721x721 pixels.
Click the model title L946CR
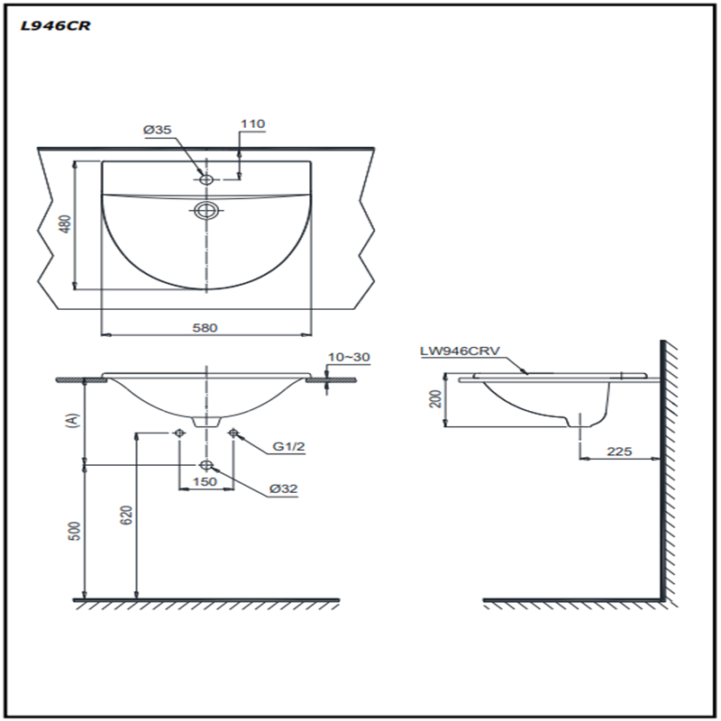click(56, 26)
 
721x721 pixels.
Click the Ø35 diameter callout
click(157, 130)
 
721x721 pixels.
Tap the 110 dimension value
click(252, 123)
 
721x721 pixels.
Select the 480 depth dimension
click(66, 224)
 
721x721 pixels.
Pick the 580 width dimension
click(205, 328)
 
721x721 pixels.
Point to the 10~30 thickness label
click(349, 357)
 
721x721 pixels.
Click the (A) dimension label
click(73, 420)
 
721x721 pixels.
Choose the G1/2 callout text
click(288, 446)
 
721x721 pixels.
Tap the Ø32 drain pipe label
click(283, 488)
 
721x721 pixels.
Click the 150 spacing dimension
click(205, 481)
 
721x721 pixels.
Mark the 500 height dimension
click(74, 531)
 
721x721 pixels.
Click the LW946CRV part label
click(460, 351)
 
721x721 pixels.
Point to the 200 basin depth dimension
click(435, 398)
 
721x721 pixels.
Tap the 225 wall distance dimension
click(619, 452)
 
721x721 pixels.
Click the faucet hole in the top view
click(206, 178)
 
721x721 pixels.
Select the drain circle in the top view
click(205, 211)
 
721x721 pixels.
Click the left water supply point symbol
click(178, 433)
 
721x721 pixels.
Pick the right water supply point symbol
click(233, 433)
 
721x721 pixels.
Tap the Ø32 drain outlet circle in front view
click(206, 465)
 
